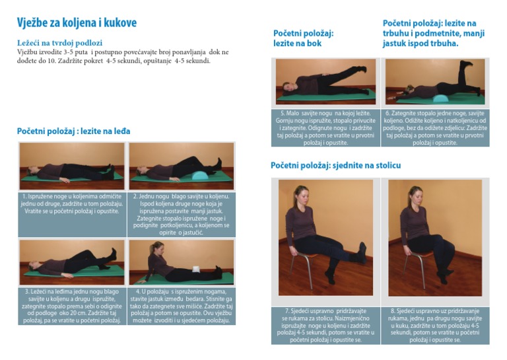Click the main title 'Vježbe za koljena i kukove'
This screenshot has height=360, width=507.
click(77, 23)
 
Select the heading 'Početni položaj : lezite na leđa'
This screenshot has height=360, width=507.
click(73, 131)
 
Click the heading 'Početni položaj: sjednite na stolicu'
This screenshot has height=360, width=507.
click(335, 165)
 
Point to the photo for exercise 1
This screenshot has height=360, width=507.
click(71, 166)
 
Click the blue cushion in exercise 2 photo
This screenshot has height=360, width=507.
click(199, 176)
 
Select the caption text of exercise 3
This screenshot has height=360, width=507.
click(71, 306)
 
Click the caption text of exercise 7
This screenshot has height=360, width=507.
click(324, 326)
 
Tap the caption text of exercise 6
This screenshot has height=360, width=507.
click(435, 127)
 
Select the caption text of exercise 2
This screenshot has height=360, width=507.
click(181, 214)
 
